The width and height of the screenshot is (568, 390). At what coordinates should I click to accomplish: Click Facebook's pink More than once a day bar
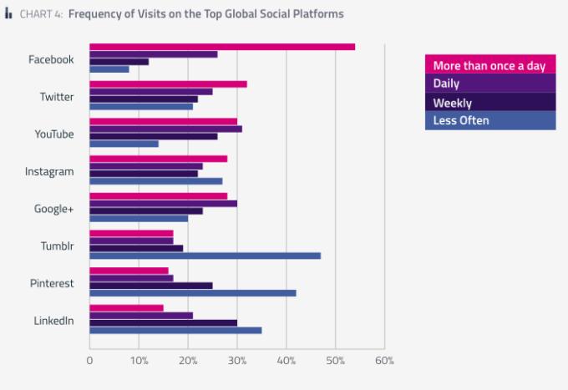(222, 46)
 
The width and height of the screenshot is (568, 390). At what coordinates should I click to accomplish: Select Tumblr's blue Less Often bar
(205, 256)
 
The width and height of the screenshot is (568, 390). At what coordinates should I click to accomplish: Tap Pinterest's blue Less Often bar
(192, 293)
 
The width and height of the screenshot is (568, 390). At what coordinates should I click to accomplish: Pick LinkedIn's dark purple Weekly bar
(163, 322)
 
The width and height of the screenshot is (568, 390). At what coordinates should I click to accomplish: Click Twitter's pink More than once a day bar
(168, 84)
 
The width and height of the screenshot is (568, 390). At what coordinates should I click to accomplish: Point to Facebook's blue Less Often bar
(109, 68)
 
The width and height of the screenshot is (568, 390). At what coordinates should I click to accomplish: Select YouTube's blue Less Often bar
(124, 144)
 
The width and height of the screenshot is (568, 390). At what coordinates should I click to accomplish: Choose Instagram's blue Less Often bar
(155, 180)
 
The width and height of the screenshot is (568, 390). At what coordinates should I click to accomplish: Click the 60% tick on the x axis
(384, 361)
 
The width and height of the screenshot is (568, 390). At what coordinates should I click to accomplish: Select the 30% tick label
(237, 361)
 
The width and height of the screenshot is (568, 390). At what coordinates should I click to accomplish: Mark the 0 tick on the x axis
(89, 361)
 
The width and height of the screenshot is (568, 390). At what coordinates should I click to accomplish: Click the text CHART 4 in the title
(38, 14)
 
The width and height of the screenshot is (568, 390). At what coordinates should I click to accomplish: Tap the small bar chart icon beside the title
(8, 14)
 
